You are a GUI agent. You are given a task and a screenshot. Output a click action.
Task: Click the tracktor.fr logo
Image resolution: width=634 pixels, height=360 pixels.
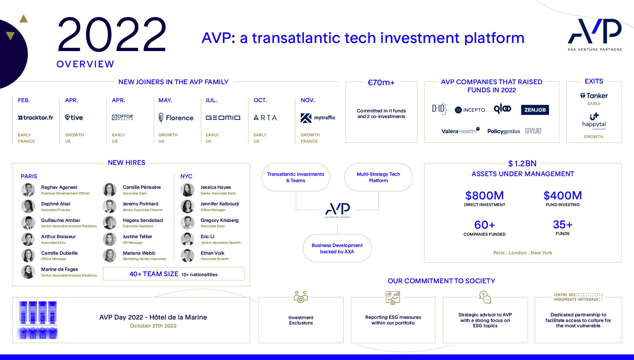(x=36, y=118)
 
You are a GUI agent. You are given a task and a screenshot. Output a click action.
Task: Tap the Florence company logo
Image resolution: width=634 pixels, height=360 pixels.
(x=176, y=118)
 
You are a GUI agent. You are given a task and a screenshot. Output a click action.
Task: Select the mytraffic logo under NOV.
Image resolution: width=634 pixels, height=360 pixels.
(x=318, y=118)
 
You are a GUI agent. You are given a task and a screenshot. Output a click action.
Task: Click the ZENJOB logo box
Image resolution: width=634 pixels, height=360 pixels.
(x=535, y=110)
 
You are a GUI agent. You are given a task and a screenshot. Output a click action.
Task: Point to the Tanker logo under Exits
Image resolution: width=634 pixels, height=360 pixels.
(x=594, y=96)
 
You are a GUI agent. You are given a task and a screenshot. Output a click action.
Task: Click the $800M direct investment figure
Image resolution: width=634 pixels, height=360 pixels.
(x=485, y=195)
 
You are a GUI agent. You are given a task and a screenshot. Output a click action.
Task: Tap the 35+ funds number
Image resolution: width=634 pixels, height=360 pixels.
(x=562, y=224)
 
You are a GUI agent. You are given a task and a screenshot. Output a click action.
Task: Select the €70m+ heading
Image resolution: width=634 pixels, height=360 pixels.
(x=381, y=82)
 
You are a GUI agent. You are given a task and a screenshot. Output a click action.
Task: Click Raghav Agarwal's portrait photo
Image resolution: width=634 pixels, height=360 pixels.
(x=28, y=190)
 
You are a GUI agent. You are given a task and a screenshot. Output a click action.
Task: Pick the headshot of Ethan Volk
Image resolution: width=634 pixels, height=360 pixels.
(x=187, y=256)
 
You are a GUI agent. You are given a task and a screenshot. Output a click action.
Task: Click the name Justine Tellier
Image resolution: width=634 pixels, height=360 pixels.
(x=137, y=237)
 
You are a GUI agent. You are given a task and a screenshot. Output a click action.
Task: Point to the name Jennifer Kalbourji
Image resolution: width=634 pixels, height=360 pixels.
(x=220, y=204)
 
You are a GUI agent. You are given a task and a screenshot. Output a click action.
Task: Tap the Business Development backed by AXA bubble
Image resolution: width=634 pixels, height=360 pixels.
(x=337, y=248)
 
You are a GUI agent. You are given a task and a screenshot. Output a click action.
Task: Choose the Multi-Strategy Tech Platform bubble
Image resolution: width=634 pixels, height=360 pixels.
(x=378, y=177)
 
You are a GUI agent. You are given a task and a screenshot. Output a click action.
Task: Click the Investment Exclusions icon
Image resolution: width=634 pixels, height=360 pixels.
(x=301, y=297)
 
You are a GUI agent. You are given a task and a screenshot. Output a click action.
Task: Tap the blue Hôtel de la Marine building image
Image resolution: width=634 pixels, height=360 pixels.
(x=37, y=320)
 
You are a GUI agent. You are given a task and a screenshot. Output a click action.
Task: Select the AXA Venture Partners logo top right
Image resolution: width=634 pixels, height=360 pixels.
(x=595, y=35)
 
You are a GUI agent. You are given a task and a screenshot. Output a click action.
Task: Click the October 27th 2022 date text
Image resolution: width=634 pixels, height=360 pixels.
(x=153, y=326)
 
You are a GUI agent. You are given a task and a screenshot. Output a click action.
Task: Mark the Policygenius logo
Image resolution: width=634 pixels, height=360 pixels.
(x=504, y=131)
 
